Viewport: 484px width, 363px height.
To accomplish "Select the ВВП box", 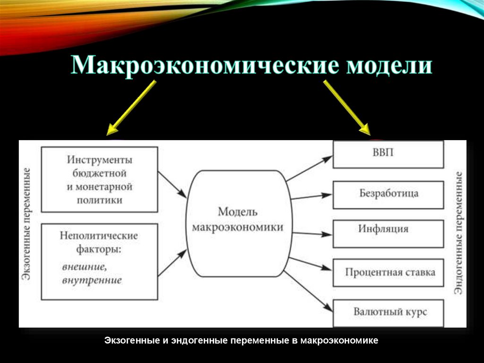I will [x=388, y=154].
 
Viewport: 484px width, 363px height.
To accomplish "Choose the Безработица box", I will [x=388, y=194].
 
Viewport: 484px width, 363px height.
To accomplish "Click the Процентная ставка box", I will [x=388, y=273].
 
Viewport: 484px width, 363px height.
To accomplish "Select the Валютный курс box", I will [x=388, y=312].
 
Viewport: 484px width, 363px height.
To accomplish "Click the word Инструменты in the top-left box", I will [x=99, y=159].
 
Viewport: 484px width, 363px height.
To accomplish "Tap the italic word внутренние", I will [x=92, y=280].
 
